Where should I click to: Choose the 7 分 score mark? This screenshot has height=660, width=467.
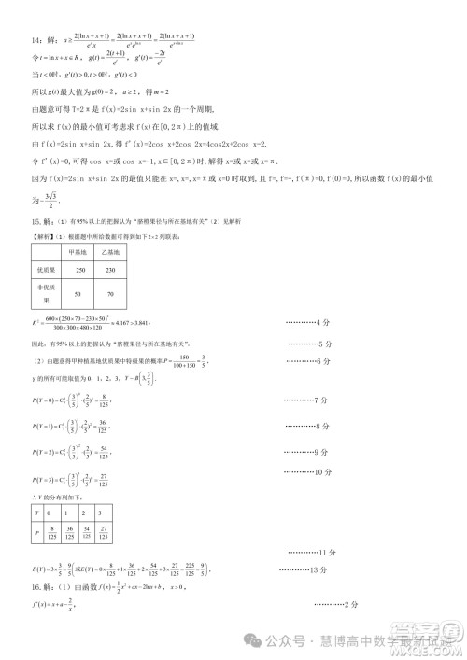pyautogui.click(x=314, y=400)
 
